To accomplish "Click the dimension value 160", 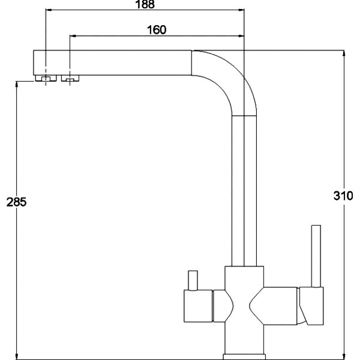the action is [157, 30].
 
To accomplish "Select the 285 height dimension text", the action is [16, 202].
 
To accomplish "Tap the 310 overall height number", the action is [343, 196].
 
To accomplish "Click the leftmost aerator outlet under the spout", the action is [46, 78].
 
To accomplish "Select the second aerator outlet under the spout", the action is [70, 78].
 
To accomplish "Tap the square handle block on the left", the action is [198, 306].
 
